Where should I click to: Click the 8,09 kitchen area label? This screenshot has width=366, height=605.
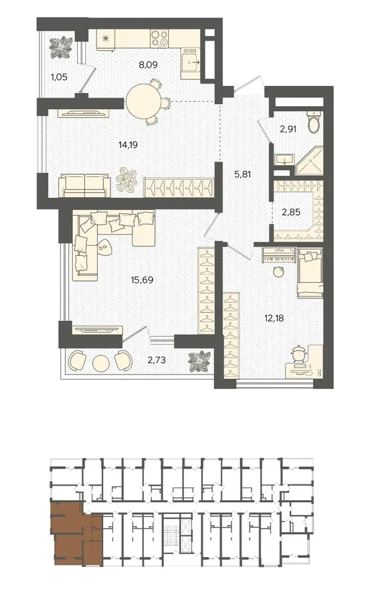point(148,65)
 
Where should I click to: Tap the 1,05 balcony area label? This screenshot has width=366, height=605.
point(59,77)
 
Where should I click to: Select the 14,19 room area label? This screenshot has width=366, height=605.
point(128,145)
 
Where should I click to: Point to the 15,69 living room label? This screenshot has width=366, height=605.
point(143,280)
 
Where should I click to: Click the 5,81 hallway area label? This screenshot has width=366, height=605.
point(243,174)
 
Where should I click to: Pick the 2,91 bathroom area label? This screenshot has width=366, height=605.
point(288,129)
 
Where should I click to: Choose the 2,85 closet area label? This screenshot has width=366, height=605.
point(291,212)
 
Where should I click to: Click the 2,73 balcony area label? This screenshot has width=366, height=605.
point(156,360)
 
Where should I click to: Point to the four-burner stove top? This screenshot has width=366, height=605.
point(159,38)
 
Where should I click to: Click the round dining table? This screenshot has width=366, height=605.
point(142,99)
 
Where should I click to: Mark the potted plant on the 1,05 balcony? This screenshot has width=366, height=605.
point(61,48)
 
